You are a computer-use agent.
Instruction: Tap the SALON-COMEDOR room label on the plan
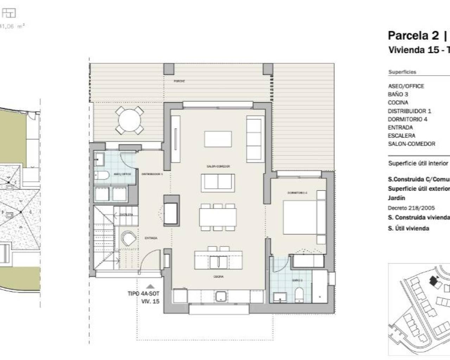click(218, 166)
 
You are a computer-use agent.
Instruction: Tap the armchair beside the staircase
click(129, 238)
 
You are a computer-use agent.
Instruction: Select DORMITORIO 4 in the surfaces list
click(407, 119)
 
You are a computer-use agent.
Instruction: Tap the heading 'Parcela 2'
click(413, 36)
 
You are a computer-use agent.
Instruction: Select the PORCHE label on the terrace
click(179, 81)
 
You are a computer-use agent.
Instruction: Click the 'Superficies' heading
click(402, 72)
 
